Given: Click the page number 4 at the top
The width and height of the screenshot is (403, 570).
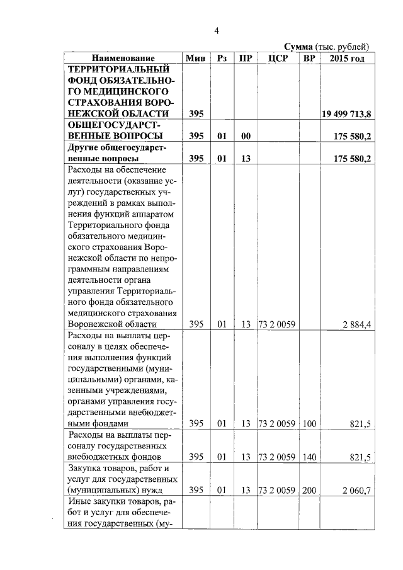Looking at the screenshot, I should click(x=216, y=31).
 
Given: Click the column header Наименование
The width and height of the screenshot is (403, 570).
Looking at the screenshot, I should click(x=122, y=58).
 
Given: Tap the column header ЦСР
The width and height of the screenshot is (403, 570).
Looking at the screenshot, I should click(x=277, y=58).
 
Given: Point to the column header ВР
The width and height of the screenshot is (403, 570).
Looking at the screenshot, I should click(x=309, y=58).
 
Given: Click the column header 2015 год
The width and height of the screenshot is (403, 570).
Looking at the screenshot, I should click(x=347, y=58).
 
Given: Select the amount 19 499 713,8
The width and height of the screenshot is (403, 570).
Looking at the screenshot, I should click(x=347, y=113).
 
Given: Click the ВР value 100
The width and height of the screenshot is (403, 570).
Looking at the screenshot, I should click(x=309, y=424).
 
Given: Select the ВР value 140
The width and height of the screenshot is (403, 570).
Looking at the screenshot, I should click(x=309, y=457).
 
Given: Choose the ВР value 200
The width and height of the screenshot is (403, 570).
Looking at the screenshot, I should click(x=309, y=489).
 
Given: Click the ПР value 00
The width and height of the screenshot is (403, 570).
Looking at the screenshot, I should click(x=246, y=136).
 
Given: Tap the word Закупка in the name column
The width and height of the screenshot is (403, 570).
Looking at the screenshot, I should click(x=86, y=468).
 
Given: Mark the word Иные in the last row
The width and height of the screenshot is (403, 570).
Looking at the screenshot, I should click(x=80, y=501).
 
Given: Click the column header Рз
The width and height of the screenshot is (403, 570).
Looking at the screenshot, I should click(x=221, y=58).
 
